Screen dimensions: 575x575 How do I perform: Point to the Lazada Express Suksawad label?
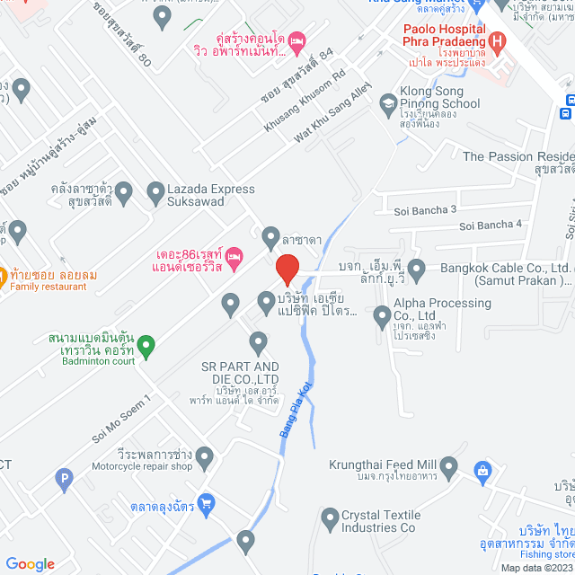point(199,195)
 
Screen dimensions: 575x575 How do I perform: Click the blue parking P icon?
point(63,482)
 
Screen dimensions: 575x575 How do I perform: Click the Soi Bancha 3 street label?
point(426,210)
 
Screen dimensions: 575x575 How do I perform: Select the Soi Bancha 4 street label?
point(491,224)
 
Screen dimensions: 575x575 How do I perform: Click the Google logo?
point(30,563)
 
